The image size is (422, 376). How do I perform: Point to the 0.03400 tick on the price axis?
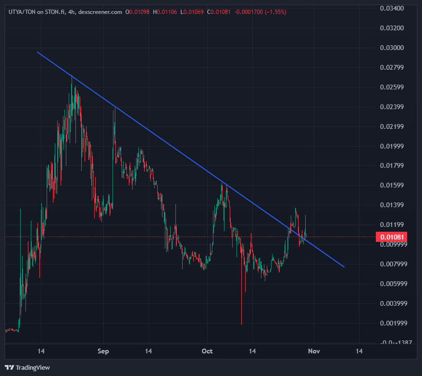(x=391, y=8)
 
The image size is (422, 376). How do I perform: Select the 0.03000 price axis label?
(x=391, y=48)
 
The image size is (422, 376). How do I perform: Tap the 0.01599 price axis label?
(x=391, y=185)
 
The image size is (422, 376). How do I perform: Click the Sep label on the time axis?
(x=103, y=351)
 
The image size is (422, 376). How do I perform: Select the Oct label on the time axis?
(x=207, y=351)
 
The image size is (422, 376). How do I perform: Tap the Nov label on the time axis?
(x=313, y=351)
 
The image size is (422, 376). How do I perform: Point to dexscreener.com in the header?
(x=100, y=12)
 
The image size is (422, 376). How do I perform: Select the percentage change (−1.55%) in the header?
(x=276, y=12)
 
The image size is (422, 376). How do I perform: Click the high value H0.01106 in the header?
(x=165, y=12)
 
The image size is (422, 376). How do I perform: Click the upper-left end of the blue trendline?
(x=37, y=51)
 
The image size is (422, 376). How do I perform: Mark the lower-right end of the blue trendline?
(x=344, y=266)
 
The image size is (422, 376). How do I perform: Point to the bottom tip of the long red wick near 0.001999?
(x=241, y=324)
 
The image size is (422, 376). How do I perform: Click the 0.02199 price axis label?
(x=391, y=126)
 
